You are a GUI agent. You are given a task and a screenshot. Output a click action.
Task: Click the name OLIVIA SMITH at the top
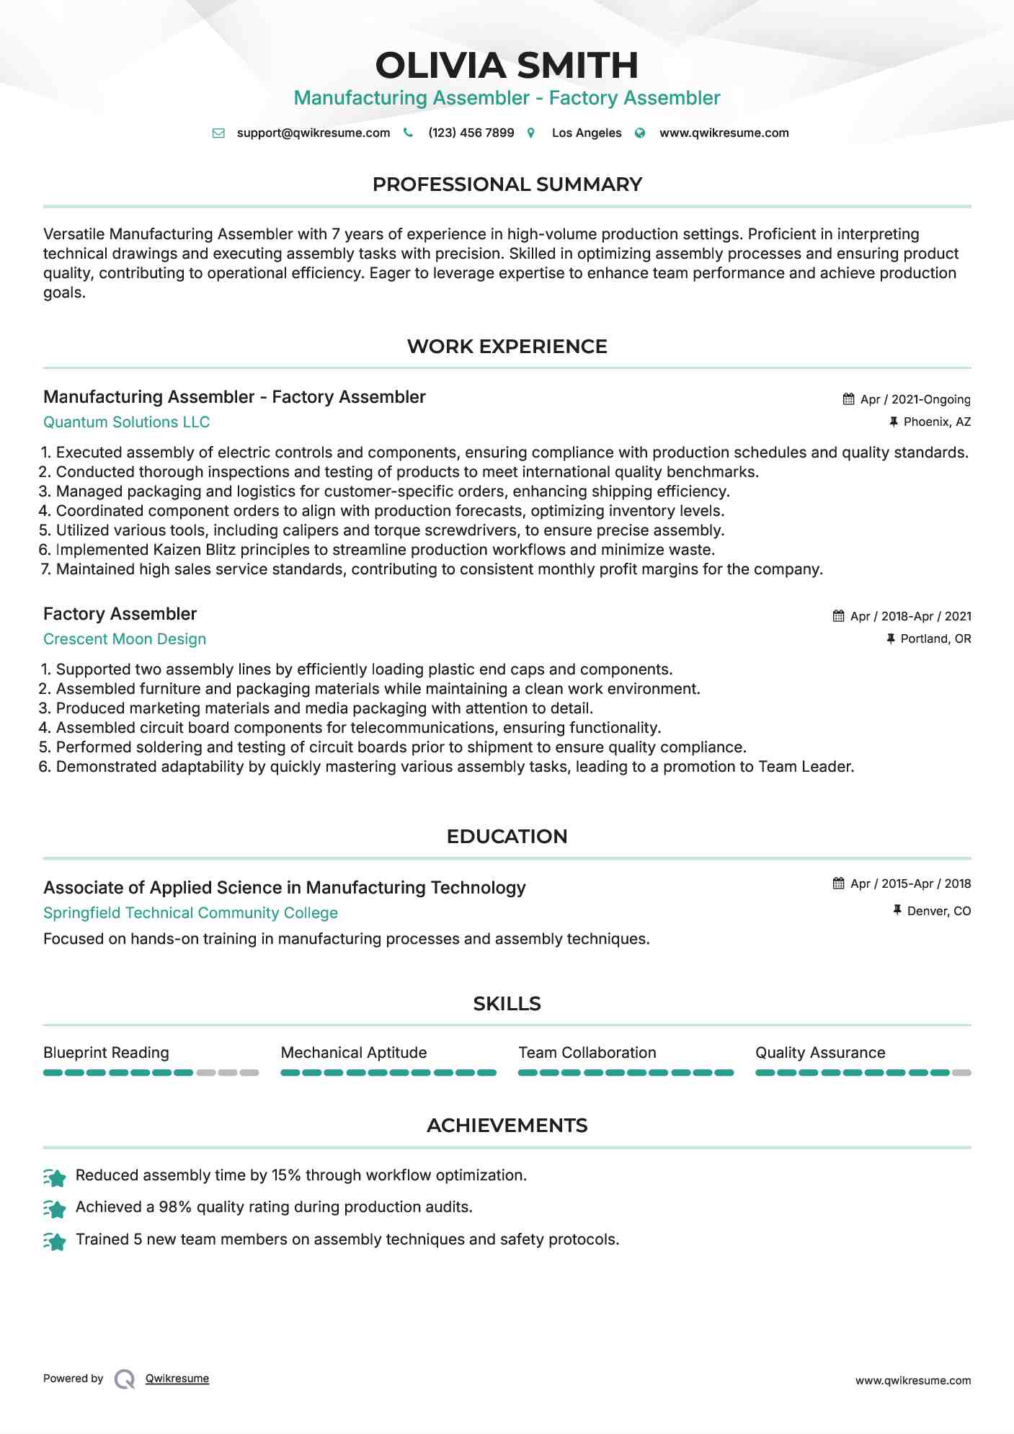507,66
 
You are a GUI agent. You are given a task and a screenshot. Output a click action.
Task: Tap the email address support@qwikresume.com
313,133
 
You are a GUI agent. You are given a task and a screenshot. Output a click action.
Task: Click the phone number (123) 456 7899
471,133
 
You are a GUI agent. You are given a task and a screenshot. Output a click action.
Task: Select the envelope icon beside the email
218,133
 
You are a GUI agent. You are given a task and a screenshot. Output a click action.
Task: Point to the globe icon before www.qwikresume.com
640,133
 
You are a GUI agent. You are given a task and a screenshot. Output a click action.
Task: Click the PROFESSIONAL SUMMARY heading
507,184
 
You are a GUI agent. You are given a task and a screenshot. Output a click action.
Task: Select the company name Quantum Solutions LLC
126,422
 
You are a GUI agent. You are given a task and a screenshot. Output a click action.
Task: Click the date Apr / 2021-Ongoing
915,400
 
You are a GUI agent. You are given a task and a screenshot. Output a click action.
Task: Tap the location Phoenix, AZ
937,422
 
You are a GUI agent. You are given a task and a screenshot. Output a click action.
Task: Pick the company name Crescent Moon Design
125,639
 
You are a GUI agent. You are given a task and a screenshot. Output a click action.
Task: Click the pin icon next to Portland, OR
891,638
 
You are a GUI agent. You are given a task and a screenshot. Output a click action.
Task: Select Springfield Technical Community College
190,913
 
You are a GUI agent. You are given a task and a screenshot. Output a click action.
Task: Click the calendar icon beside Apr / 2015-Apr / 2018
838,883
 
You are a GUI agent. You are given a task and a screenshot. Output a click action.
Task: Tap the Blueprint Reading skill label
106,1053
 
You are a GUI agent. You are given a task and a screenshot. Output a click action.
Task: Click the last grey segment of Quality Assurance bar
961,1073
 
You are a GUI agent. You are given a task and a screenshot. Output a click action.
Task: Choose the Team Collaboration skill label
587,1053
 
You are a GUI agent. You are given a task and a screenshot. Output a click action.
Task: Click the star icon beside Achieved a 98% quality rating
55,1208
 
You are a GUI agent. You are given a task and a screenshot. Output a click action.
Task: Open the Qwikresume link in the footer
177,1379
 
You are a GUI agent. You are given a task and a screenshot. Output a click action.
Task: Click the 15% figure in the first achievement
285,1175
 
